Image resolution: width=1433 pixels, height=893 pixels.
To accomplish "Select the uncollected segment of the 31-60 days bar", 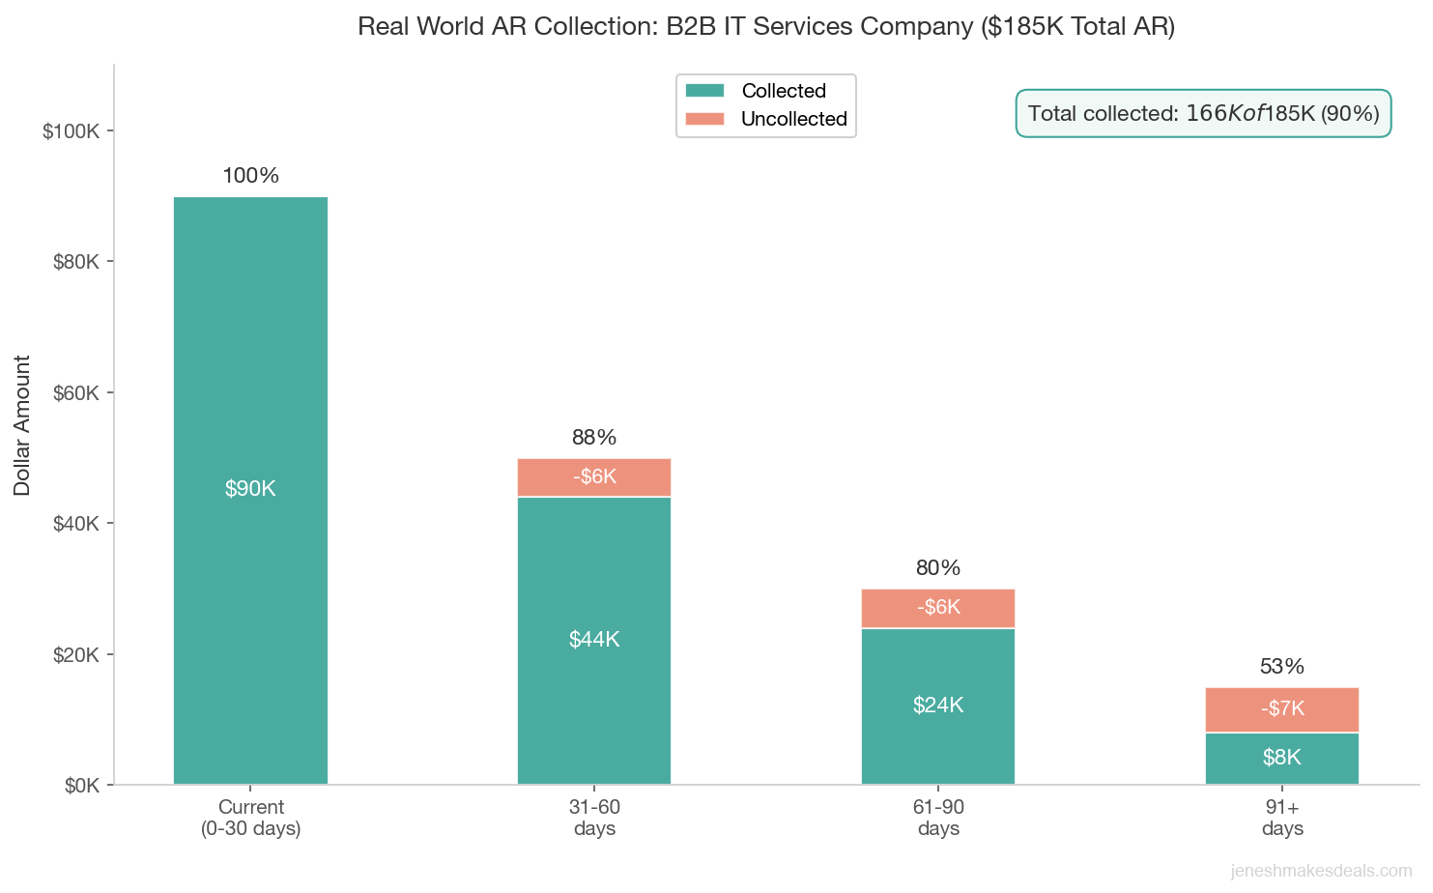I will pyautogui.click(x=594, y=477).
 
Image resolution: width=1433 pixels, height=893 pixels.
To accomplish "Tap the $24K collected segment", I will pyautogui.click(x=937, y=706).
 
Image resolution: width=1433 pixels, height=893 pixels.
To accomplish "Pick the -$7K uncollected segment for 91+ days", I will pyautogui.click(x=1281, y=709).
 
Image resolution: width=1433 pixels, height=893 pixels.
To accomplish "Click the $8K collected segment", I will pyautogui.click(x=1281, y=758).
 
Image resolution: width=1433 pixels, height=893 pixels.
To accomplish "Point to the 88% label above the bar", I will pyautogui.click(x=594, y=438).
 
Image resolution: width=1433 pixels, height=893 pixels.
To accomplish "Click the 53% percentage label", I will pyautogui.click(x=1281, y=667).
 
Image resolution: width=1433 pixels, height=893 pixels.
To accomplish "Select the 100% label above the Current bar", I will pyautogui.click(x=250, y=176).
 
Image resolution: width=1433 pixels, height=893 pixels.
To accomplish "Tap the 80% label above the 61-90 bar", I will pyautogui.click(x=937, y=568).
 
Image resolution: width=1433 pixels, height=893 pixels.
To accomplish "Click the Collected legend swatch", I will pyautogui.click(x=704, y=91).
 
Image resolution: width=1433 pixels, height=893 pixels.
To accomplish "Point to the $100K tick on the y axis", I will pyautogui.click(x=72, y=131).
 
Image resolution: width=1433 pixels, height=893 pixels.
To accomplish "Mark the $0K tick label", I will pyautogui.click(x=81, y=786).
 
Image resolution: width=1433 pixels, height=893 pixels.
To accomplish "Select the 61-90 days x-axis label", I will pyautogui.click(x=937, y=818).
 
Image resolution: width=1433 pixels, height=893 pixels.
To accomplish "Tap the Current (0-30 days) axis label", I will pyautogui.click(x=250, y=818).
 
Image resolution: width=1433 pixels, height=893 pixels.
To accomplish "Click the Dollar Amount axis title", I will pyautogui.click(x=22, y=425).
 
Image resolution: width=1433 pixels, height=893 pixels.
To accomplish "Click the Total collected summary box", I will pyautogui.click(x=1203, y=114).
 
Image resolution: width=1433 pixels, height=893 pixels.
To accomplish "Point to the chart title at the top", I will pyautogui.click(x=765, y=26).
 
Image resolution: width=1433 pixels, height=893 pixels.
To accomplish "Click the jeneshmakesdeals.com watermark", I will pyautogui.click(x=1321, y=872).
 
